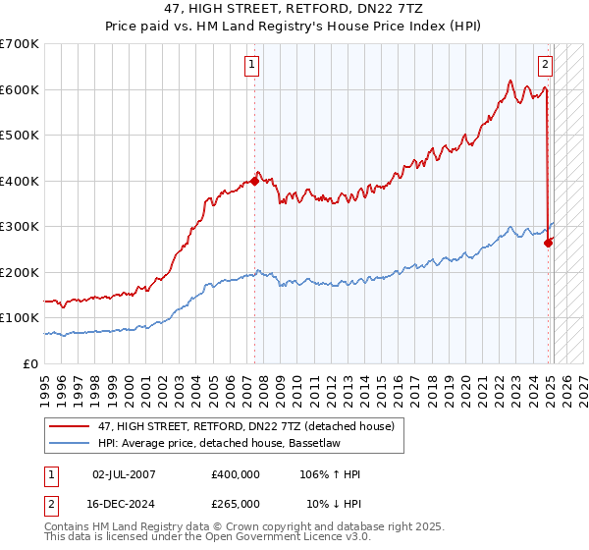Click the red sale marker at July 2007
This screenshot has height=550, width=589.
click(254, 181)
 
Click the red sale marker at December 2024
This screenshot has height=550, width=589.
click(548, 243)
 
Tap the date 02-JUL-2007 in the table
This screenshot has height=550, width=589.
click(124, 474)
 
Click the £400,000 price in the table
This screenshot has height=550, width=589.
click(236, 474)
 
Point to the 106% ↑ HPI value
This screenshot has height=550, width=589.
click(331, 474)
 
